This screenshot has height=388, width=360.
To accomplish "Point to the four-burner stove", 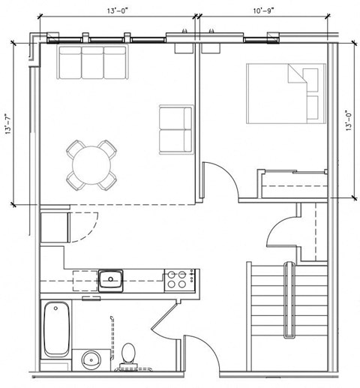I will (x=178, y=280).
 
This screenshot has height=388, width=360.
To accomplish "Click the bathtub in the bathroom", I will (x=56, y=328).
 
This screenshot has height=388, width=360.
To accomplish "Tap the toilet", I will (x=130, y=355).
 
